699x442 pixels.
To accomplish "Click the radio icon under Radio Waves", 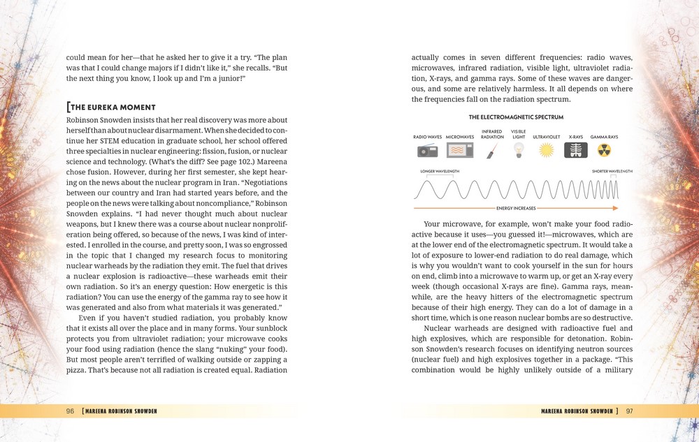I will (428, 150).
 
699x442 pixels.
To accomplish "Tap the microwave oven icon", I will (460, 150).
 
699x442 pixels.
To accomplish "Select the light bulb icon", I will (518, 149).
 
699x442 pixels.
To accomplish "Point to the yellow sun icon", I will (546, 150).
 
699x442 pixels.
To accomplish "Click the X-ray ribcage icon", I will (576, 150).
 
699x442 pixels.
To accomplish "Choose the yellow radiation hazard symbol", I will (605, 150).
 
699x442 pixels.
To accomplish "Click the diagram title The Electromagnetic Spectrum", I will (515, 117).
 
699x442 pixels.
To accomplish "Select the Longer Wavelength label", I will (440, 171).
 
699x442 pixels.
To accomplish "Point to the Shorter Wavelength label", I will (612, 171).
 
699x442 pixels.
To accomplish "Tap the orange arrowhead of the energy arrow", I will (614, 208).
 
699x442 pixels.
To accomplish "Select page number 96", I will (70, 411).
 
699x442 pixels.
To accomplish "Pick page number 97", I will (630, 411).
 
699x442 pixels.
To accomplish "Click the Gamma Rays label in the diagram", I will (605, 137).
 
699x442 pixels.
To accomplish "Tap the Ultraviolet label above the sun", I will (546, 137).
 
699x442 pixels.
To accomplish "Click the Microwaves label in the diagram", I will (460, 137).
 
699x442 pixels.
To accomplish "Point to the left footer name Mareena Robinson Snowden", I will (119, 411).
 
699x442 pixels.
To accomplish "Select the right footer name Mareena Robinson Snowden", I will (579, 411).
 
